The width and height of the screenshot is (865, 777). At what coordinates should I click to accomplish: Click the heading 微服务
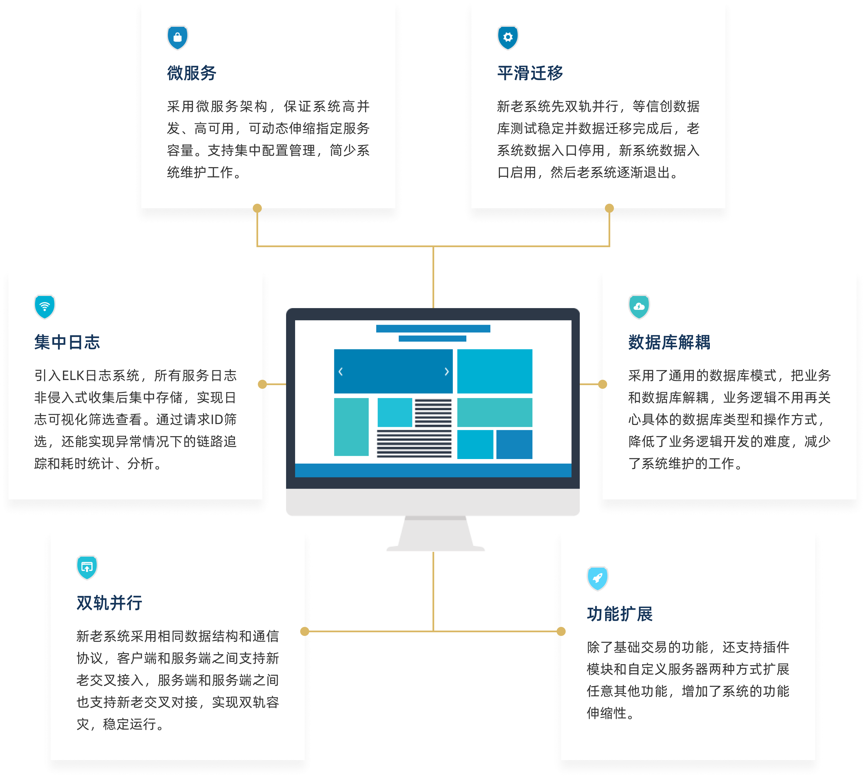click(x=191, y=73)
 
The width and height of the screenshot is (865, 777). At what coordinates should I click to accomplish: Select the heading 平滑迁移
click(x=530, y=73)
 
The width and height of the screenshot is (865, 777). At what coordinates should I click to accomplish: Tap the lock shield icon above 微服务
click(x=177, y=38)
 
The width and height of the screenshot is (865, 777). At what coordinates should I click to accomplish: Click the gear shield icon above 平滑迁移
click(x=508, y=38)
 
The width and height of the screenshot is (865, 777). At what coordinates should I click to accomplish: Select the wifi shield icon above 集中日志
click(x=44, y=306)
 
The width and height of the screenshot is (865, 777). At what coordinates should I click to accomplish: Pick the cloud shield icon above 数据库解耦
click(x=639, y=306)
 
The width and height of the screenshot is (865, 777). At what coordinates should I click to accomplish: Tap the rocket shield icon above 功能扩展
click(x=597, y=578)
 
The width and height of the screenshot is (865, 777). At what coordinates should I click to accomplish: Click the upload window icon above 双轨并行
click(x=87, y=567)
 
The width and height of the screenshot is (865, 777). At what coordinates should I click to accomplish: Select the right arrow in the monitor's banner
click(x=447, y=371)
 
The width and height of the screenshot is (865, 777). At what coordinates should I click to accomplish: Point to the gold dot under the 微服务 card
click(x=257, y=208)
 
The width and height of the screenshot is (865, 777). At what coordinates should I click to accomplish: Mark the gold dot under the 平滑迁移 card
click(x=609, y=208)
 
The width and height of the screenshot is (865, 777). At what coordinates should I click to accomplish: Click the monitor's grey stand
click(x=435, y=534)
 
